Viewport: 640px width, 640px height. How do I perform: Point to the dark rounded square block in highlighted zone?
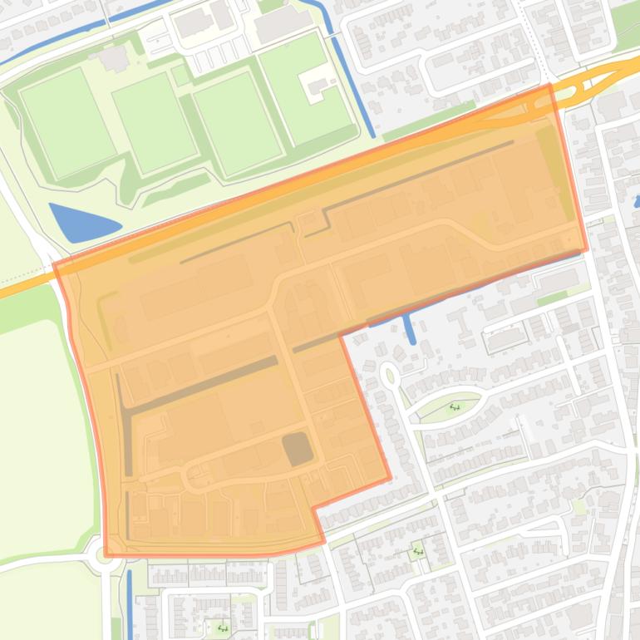point(298,449)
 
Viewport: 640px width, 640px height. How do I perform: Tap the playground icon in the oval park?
point(455,407)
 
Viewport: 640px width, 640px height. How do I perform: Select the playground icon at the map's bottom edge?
point(222,628)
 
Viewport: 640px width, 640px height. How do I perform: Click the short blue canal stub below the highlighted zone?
point(410,329)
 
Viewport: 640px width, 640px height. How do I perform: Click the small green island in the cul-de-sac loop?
point(390,376)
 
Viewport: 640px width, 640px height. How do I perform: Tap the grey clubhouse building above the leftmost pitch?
point(113,57)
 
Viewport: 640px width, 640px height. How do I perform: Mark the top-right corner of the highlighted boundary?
point(550,86)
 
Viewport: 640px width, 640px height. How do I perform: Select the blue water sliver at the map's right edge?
point(637,200)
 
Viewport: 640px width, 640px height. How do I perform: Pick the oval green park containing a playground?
point(450,407)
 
